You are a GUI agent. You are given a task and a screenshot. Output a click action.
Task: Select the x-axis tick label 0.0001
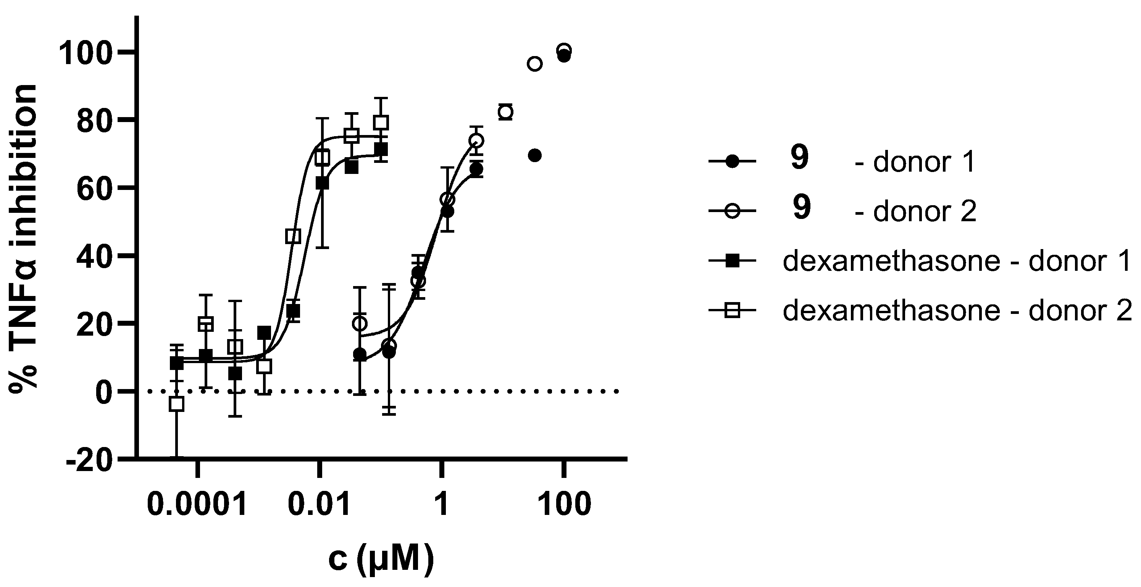coord(197,505)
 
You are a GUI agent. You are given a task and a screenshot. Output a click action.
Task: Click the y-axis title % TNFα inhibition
coord(23,239)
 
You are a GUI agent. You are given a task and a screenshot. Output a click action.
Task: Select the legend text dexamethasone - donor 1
coord(957,262)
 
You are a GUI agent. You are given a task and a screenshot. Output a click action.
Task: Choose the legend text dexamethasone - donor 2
coord(957,311)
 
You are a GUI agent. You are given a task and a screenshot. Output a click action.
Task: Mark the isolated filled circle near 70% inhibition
coord(535,155)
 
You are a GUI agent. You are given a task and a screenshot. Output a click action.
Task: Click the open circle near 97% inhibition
coord(535,64)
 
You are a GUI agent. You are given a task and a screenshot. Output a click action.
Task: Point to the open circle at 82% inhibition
coord(505,112)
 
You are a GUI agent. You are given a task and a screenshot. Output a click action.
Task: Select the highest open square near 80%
coord(381,122)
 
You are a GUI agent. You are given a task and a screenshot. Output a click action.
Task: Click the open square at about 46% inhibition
coord(293,236)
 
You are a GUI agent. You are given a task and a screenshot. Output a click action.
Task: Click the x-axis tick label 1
coord(441,505)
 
